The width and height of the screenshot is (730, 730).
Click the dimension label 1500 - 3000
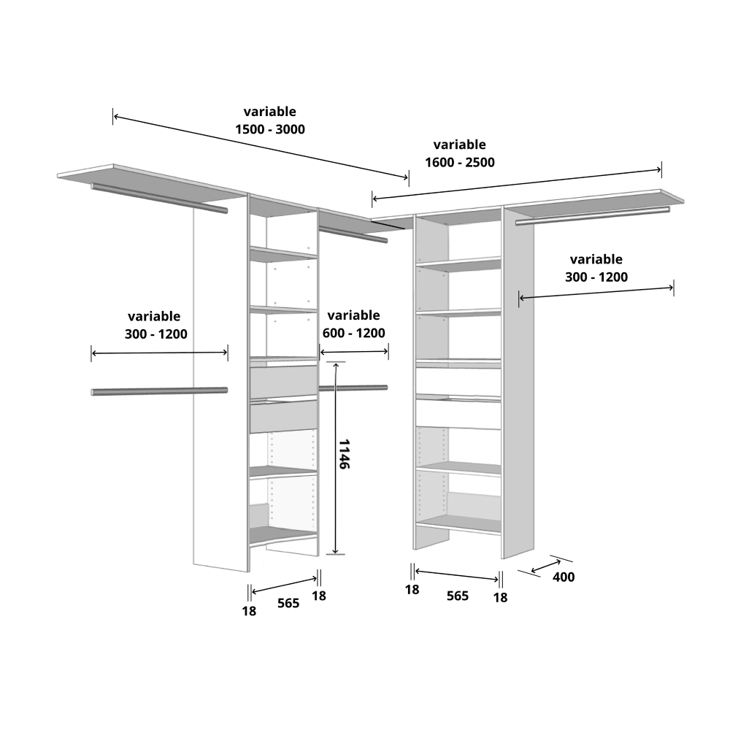pos(269,129)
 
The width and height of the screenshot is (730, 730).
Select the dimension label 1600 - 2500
pos(459,162)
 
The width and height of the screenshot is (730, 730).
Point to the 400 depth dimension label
pos(564,577)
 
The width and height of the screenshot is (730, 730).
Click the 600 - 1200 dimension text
pos(353,333)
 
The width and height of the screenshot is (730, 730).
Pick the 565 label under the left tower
pos(288,603)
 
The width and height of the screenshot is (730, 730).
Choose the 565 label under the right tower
pos(457,596)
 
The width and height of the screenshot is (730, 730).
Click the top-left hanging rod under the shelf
pos(159,198)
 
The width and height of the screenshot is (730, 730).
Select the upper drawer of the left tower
pos(283,382)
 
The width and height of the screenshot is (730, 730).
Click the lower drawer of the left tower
pos(283,416)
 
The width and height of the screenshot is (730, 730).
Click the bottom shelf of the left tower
pos(283,535)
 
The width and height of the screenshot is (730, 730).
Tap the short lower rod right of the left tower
pos(353,388)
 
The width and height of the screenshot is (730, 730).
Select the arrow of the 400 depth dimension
pos(546,565)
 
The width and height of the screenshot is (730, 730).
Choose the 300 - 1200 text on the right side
pos(596,277)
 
